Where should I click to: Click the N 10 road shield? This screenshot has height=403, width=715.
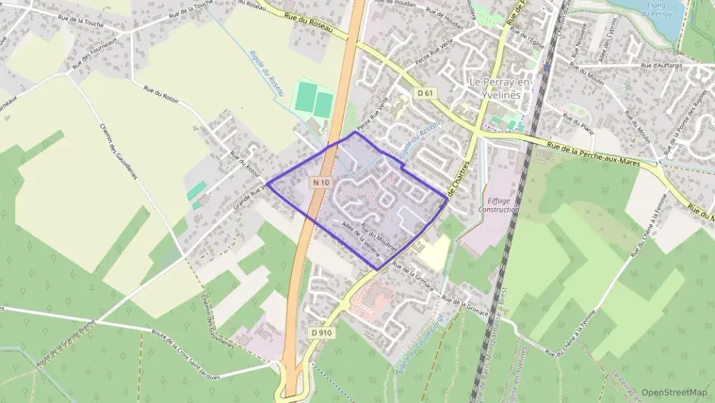coord(321,183)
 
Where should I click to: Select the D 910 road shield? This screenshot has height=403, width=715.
coord(322,333)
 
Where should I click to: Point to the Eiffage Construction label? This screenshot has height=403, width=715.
coord(498,203)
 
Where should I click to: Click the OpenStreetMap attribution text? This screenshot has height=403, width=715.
coord(674,392)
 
